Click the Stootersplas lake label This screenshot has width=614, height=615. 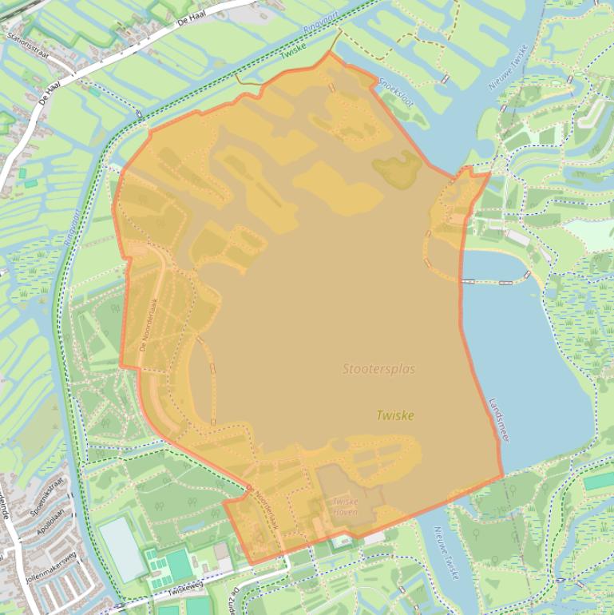coord(378,369)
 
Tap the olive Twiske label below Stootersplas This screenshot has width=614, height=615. coord(395,415)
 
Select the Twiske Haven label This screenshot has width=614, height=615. coord(345,506)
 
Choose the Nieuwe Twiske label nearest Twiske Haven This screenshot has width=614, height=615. coord(446,552)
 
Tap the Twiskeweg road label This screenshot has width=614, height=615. coord(186,590)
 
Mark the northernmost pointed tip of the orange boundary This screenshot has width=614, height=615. coord(329,53)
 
